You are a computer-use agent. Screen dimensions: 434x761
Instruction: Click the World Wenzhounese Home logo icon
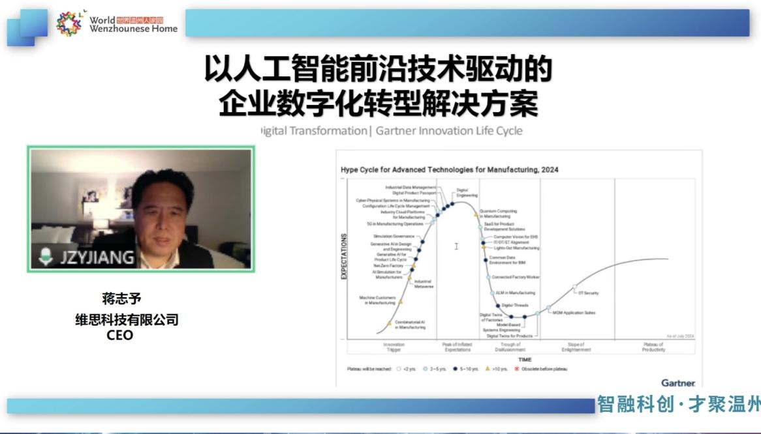[x=69, y=23]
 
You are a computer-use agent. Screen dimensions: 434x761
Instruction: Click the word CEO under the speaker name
[x=119, y=336]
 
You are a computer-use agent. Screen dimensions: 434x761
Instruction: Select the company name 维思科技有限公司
[x=127, y=320]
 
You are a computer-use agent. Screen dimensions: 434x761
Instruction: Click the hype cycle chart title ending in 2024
[x=449, y=170]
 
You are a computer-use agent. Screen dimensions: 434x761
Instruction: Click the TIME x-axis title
[x=525, y=359]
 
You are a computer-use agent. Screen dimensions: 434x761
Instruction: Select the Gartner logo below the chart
[x=678, y=383]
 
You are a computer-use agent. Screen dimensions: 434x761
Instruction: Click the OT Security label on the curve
[x=588, y=293]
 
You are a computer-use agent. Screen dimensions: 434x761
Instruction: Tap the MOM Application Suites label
[x=574, y=313]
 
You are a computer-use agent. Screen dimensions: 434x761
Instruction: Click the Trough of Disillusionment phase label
[x=510, y=347]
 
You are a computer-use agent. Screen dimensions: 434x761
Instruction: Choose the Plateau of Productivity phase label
[x=653, y=347]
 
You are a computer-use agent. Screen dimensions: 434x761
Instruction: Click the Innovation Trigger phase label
[x=394, y=347]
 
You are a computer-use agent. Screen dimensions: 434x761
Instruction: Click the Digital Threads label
[x=515, y=305]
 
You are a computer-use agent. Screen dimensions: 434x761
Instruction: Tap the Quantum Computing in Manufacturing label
[x=498, y=214]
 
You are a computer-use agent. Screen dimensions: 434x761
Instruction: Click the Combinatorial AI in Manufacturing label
[x=410, y=325]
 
